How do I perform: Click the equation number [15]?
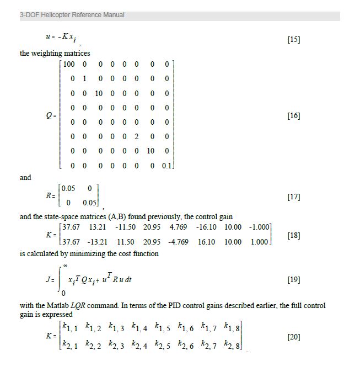[x=294, y=40]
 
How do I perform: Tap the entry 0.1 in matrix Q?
[x=167, y=165]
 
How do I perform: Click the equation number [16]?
[x=294, y=116]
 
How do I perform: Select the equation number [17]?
[x=294, y=197]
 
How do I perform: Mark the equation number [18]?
[x=294, y=235]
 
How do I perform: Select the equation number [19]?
[x=294, y=280]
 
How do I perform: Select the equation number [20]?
[x=294, y=336]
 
